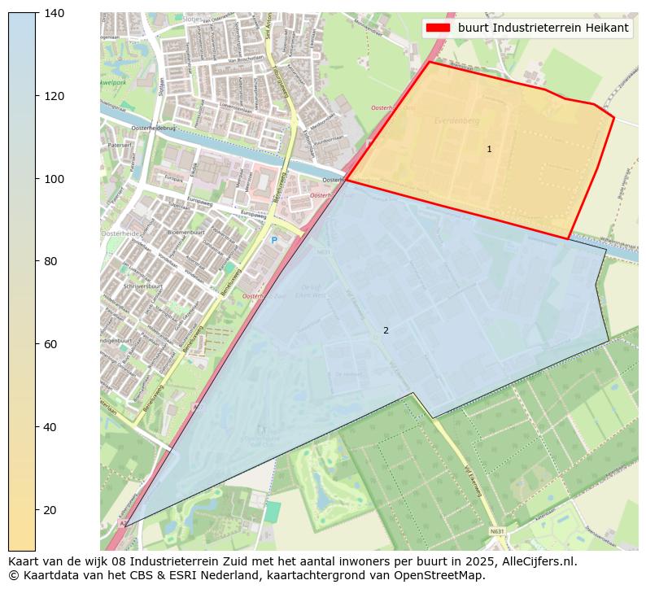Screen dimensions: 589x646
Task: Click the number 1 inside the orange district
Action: pos(489,149)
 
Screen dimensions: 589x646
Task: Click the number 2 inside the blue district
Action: pos(386,330)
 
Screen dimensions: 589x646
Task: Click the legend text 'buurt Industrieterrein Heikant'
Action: pos(543,28)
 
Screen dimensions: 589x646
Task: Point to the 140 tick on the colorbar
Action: pos(55,13)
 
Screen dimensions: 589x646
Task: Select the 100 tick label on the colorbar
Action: pos(55,179)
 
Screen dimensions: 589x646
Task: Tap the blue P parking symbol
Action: pos(274,240)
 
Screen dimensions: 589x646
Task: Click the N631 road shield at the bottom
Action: pos(496,531)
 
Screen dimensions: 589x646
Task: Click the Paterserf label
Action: pos(119,145)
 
